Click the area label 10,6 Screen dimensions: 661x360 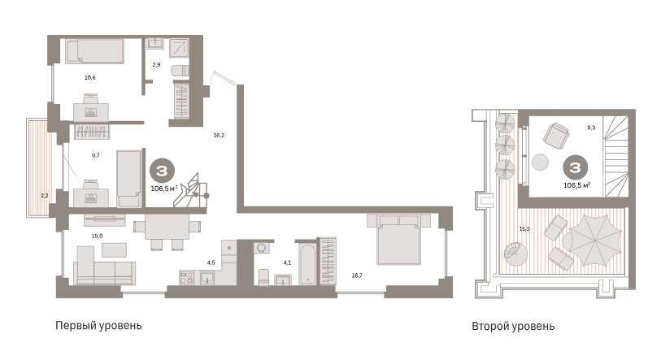tap(89, 77)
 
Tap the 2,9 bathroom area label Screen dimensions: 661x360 tap(156, 65)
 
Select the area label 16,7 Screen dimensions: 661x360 tap(357, 275)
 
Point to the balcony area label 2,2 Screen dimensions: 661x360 tap(45, 196)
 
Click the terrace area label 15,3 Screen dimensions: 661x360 tap(524, 229)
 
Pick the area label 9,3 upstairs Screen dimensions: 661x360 tap(591, 128)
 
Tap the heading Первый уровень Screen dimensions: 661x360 tap(98, 326)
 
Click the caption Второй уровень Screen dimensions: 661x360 tap(513, 327)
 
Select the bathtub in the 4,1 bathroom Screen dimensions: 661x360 tap(308, 264)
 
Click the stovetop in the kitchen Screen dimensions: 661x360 tap(187, 277)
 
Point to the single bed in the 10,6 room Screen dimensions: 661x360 tap(94, 51)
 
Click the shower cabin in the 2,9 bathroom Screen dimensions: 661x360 tap(179, 48)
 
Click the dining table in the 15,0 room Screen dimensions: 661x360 tap(167, 227)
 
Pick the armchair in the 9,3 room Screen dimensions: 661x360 tap(556, 137)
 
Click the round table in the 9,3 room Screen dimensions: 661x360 tap(540, 163)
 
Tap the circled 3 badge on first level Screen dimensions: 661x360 tap(162, 171)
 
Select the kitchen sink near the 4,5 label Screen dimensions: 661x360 tap(207, 278)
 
